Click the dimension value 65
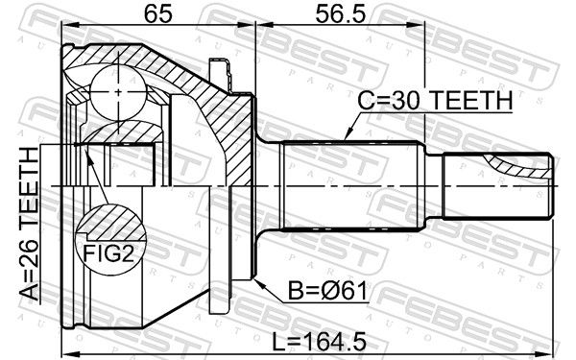point(158,14)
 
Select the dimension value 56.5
point(341,14)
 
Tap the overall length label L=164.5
point(319,341)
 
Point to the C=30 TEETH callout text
point(435,100)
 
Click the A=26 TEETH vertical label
point(29,224)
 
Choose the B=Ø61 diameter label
point(327,291)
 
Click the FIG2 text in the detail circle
point(108,253)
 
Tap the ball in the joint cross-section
point(118,92)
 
